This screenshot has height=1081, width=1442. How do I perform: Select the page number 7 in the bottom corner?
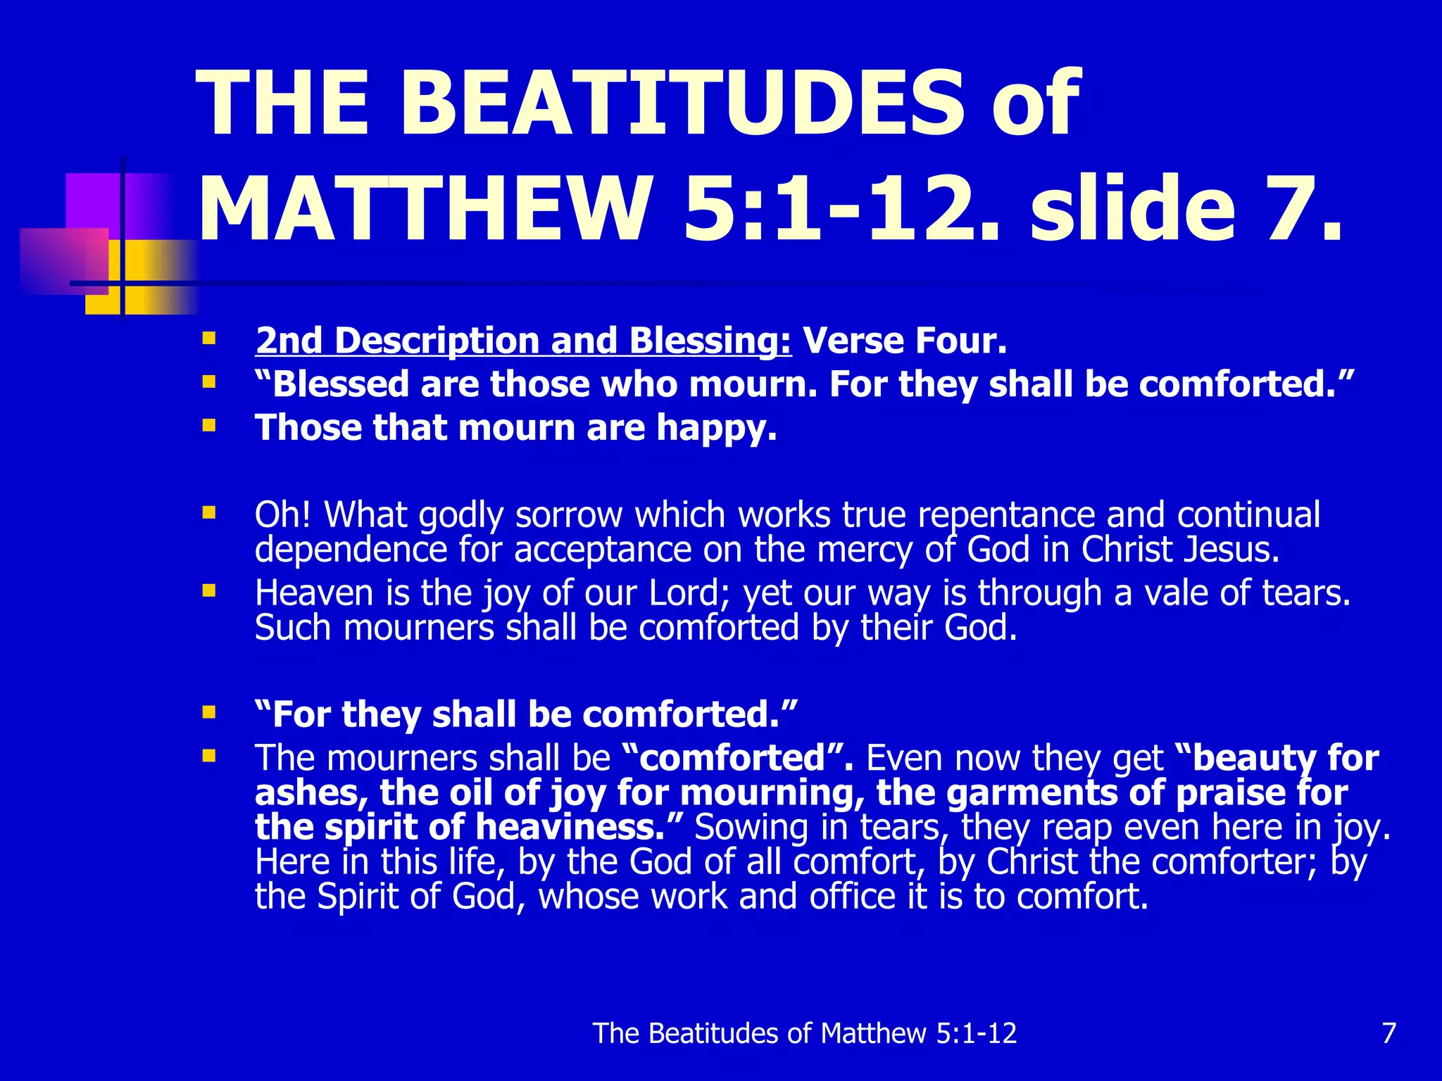(1388, 1033)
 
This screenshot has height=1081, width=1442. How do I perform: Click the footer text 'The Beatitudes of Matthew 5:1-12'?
(805, 1033)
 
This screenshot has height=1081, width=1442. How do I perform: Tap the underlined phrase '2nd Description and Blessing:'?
(523, 341)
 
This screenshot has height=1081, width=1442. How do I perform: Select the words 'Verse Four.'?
(905, 341)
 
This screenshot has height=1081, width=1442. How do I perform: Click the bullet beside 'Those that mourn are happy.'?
(208, 425)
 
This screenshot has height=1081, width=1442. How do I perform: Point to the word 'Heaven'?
(314, 593)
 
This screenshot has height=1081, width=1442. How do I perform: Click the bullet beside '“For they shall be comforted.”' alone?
(208, 712)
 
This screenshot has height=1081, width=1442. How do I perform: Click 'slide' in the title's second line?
(1132, 209)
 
